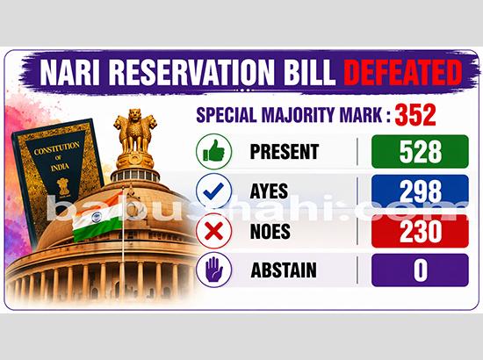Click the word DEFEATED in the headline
coord(401,71)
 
